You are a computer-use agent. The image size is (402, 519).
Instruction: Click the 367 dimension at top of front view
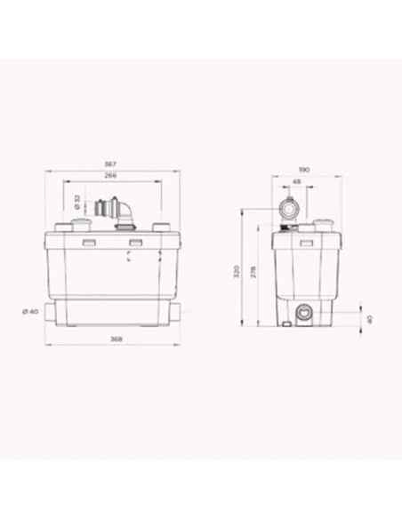pos(112,164)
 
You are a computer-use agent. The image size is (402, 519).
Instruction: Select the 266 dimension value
pos(112,176)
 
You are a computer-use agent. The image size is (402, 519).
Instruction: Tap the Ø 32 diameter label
pos(76,202)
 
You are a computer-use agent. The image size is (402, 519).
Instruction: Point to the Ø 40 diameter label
pos(28,310)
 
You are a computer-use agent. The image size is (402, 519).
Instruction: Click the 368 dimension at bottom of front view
pos(112,339)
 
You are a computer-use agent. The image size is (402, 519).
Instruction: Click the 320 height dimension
pos(237,270)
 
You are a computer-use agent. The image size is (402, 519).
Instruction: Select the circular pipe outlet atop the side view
pos(290,210)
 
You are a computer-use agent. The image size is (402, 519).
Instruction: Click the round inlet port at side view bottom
pos(304,313)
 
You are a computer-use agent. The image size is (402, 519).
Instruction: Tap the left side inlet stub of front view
pos(51,311)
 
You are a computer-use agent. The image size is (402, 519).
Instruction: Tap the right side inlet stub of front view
pos(178,311)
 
